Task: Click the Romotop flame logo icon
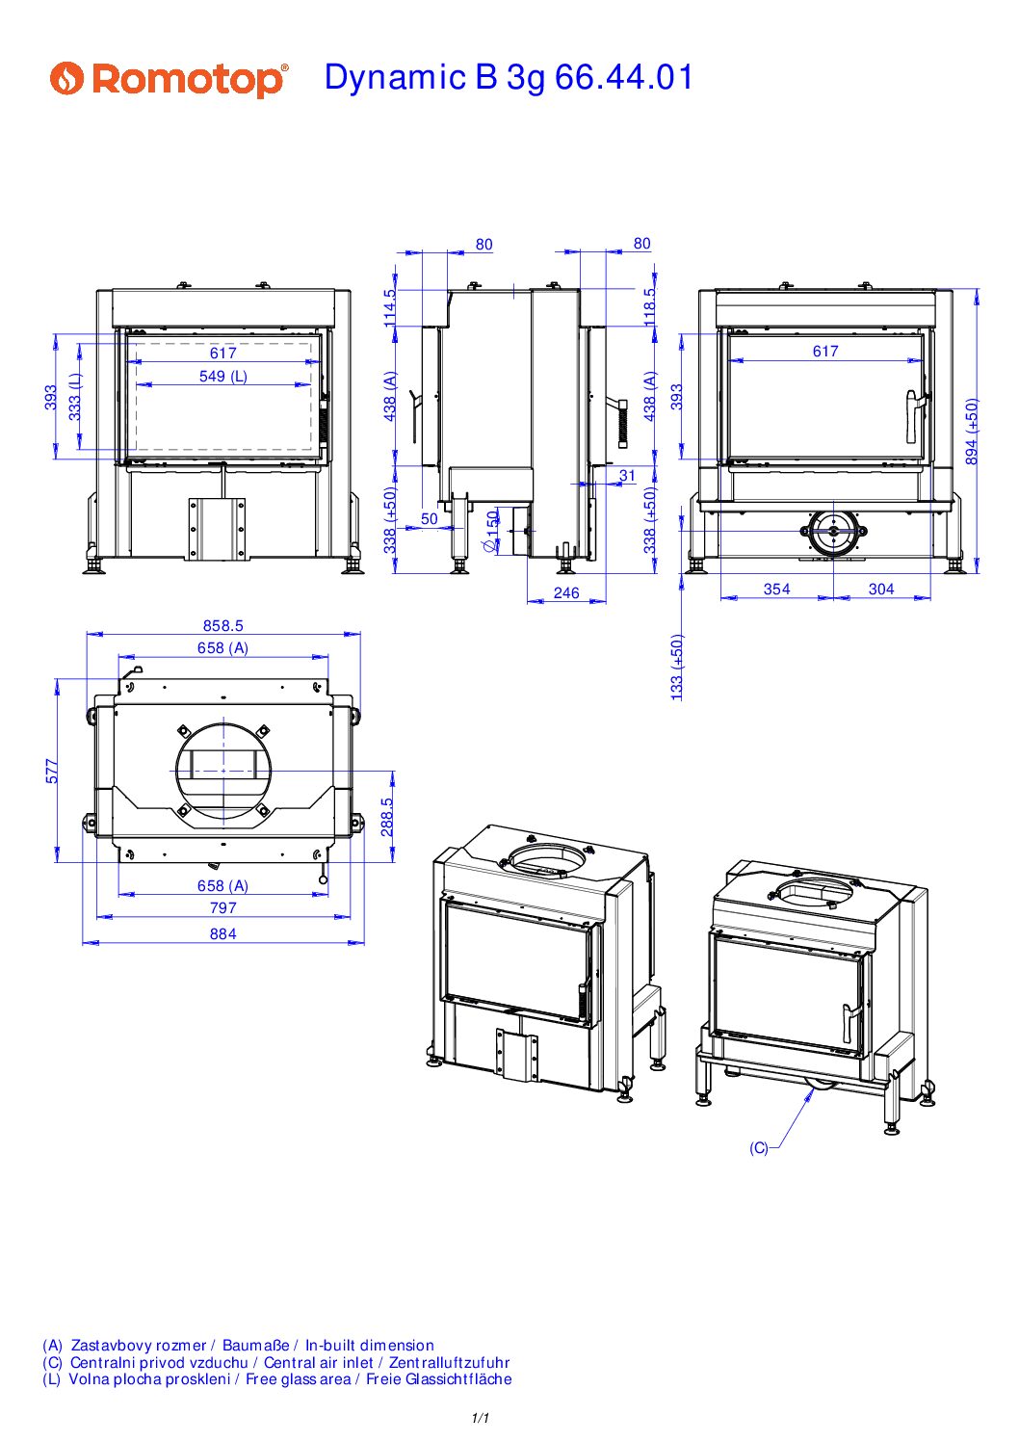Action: tap(67, 79)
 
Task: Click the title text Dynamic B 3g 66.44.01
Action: tap(509, 77)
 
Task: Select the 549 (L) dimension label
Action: tap(222, 376)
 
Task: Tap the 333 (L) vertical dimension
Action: tap(75, 397)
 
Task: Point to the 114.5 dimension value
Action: tap(390, 307)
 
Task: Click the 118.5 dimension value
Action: tap(649, 306)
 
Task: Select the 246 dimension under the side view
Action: tap(566, 592)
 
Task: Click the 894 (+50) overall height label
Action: tap(972, 432)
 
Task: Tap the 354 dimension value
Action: tap(776, 589)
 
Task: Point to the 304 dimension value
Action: tap(881, 589)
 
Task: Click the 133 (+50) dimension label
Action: tap(676, 667)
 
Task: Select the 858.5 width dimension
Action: tap(222, 625)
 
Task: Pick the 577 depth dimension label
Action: tap(51, 772)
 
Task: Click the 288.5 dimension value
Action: tap(387, 817)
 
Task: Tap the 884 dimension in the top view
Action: tap(222, 933)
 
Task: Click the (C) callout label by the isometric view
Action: tap(758, 1148)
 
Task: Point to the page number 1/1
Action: tap(481, 1418)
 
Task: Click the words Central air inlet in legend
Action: tap(319, 1363)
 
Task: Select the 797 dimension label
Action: tap(222, 907)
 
